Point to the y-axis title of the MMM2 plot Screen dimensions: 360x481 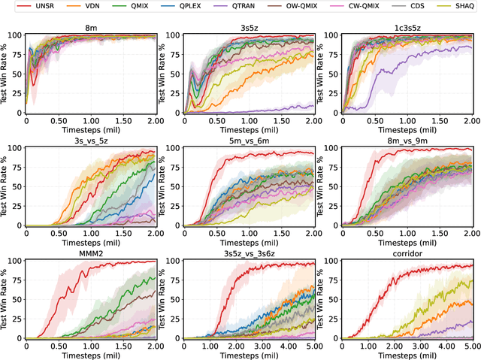tap(6, 299)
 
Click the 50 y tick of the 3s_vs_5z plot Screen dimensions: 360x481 tap(19, 186)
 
